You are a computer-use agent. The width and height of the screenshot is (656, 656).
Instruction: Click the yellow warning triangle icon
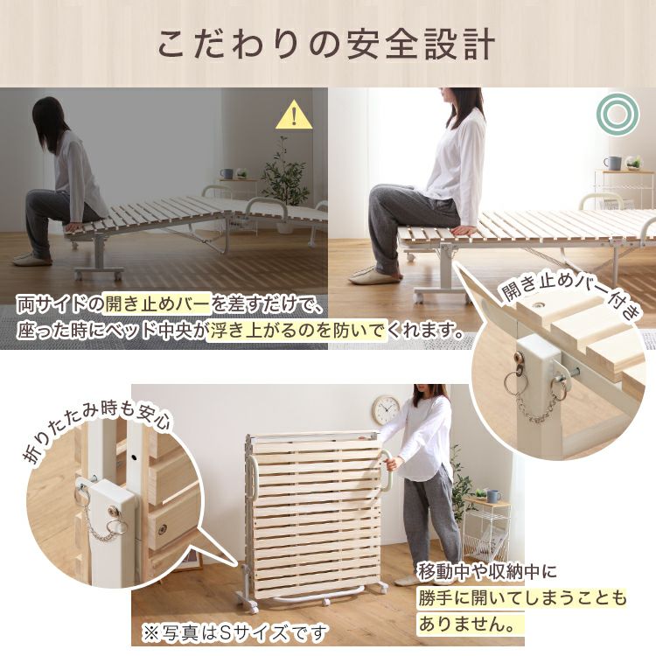point(294,115)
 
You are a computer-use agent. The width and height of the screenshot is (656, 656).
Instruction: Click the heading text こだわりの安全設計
point(327,44)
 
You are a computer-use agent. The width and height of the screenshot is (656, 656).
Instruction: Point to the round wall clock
point(386,410)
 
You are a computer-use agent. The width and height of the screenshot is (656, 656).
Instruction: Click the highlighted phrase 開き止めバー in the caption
point(156,304)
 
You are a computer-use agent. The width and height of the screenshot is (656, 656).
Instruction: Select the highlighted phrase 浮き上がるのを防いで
point(297,331)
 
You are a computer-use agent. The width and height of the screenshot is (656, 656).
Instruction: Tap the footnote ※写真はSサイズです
point(234,632)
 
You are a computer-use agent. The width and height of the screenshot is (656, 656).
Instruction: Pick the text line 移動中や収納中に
point(488,572)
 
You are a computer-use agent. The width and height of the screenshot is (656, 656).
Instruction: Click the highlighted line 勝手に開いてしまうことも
point(522,598)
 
